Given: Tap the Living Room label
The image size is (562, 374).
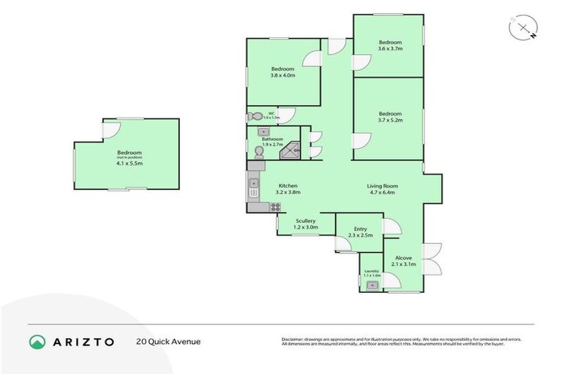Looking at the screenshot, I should pyautogui.click(x=382, y=186).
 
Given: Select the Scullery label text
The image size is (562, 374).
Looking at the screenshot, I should pyautogui.click(x=306, y=221).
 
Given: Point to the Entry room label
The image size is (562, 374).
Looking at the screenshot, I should pyautogui.click(x=360, y=229).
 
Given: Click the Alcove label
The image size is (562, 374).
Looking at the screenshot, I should pyautogui.click(x=403, y=258).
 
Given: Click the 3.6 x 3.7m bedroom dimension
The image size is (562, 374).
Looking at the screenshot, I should pyautogui.click(x=390, y=48).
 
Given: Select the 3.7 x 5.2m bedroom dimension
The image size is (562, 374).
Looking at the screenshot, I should pyautogui.click(x=390, y=120).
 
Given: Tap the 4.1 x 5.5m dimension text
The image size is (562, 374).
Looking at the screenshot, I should pyautogui.click(x=129, y=163).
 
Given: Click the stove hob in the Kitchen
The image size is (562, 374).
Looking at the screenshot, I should pyautogui.click(x=276, y=207).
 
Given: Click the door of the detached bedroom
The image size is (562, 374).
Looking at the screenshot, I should pyautogui.click(x=110, y=129).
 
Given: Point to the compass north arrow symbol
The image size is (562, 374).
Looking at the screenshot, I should pyautogui.click(x=523, y=28).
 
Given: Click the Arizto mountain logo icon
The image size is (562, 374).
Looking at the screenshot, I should pyautogui.click(x=37, y=341).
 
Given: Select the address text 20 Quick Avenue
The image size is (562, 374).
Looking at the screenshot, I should pyautogui.click(x=168, y=341).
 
